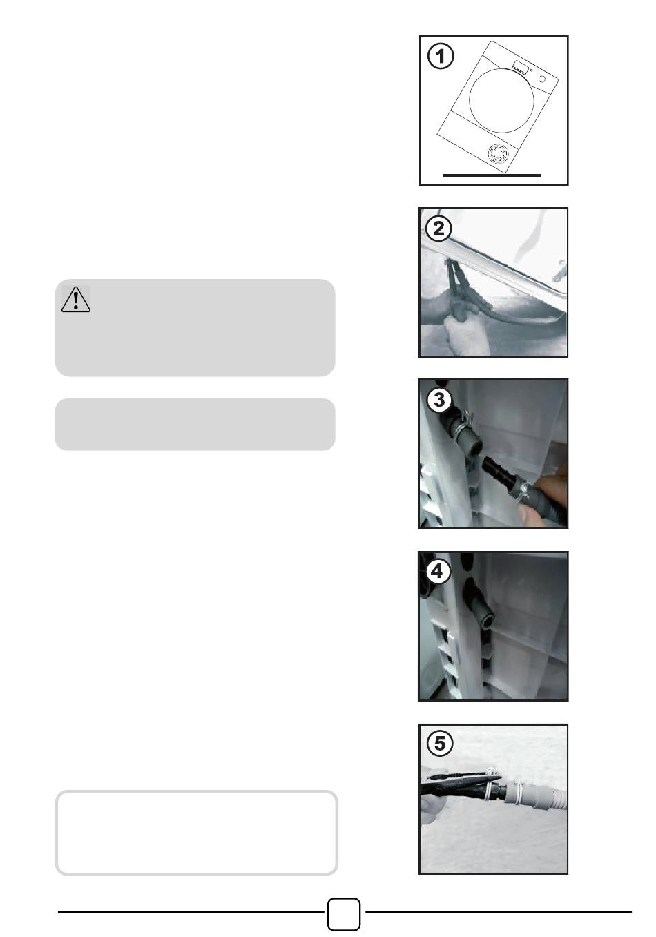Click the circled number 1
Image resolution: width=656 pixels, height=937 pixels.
[x=440, y=56]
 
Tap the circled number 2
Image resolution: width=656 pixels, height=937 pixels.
[x=438, y=229]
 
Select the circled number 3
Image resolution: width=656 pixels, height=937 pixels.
[x=438, y=400]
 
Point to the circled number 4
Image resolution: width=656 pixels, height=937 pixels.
[x=438, y=571]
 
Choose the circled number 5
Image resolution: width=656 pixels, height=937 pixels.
[x=440, y=744]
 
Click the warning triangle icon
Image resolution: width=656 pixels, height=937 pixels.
[x=76, y=300]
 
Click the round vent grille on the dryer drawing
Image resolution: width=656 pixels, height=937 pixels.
[x=498, y=153]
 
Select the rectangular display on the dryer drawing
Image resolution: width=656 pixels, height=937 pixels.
[x=519, y=66]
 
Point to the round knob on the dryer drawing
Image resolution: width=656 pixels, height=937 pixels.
[x=542, y=79]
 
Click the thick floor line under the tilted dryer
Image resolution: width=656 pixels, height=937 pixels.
[x=492, y=175]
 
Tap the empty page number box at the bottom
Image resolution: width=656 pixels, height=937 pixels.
[x=343, y=914]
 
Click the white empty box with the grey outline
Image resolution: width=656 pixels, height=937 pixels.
[x=197, y=833]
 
